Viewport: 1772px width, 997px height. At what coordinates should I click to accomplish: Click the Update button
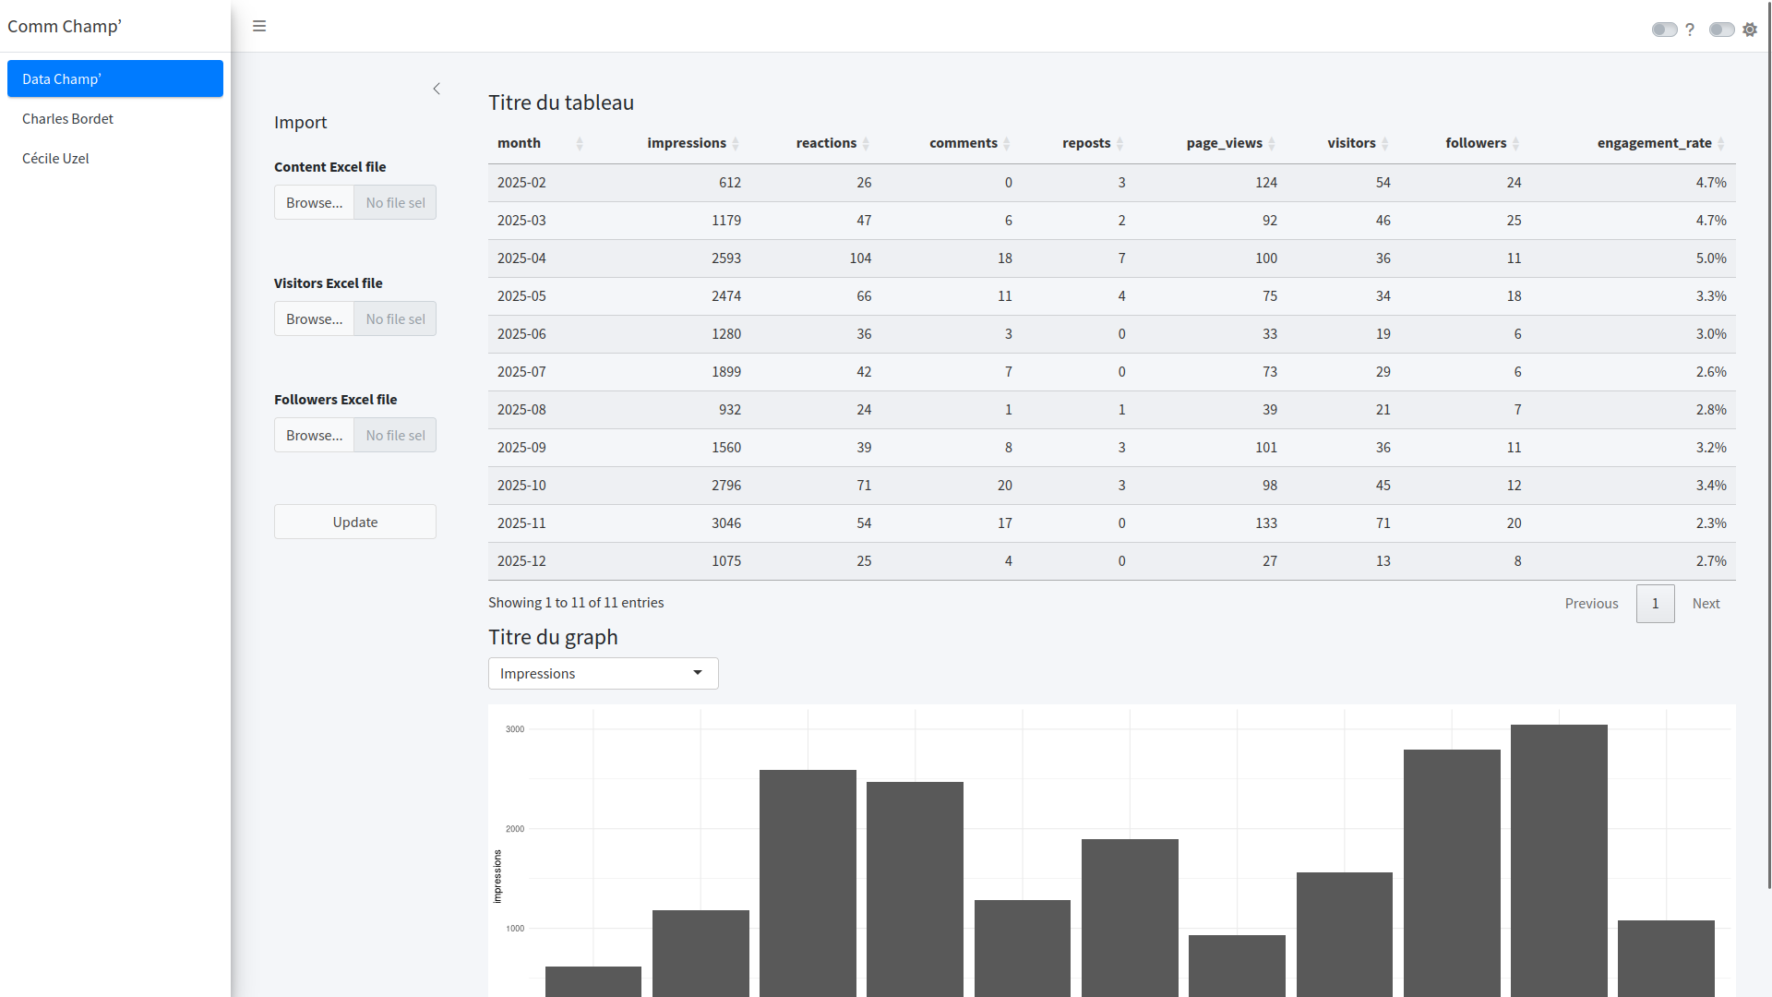pos(355,522)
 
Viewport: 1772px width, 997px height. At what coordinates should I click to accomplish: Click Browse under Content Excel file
pos(314,202)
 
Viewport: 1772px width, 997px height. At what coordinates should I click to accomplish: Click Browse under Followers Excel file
pos(314,435)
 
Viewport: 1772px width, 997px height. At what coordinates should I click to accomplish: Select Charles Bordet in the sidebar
pos(67,118)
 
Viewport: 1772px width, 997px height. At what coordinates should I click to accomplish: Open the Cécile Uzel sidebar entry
pos(55,158)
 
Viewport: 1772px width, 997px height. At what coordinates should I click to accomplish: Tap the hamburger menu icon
pos(259,26)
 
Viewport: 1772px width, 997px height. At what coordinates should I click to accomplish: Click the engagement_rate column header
pos(1654,143)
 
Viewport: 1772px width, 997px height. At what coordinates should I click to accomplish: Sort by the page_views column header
pos(1224,143)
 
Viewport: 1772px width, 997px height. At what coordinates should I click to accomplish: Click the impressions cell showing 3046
pos(726,523)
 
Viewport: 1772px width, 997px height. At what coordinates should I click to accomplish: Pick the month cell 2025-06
pos(521,333)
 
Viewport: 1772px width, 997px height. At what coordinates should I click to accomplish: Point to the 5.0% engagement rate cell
pos(1711,258)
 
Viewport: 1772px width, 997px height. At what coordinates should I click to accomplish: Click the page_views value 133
pos(1266,523)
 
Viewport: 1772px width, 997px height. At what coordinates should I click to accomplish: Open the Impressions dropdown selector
pos(604,673)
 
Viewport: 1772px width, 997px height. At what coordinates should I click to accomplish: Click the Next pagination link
pos(1706,603)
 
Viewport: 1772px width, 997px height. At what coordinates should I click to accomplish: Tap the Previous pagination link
pos(1591,603)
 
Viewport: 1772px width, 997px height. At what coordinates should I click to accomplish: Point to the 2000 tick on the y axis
pos(515,829)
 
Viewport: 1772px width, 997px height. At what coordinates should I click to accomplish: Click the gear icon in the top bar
pos(1750,30)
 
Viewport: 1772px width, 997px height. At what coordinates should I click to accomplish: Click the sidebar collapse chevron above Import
pos(437,89)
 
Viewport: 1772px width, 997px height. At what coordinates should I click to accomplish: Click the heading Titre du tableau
pos(561,102)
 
